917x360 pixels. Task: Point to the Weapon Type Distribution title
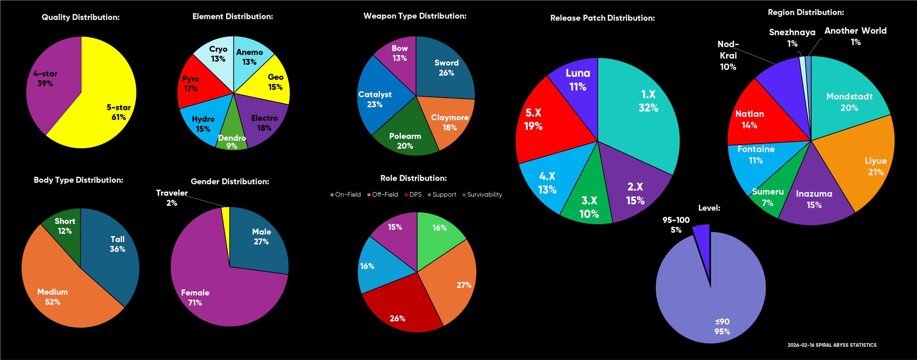point(415,16)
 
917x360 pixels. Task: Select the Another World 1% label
point(855,36)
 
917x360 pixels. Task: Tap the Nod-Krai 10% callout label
point(728,55)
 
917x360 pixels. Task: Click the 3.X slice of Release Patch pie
point(589,207)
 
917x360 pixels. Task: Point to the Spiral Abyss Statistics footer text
point(832,345)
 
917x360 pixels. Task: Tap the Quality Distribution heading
point(81,17)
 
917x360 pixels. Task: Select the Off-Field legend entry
point(382,194)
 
